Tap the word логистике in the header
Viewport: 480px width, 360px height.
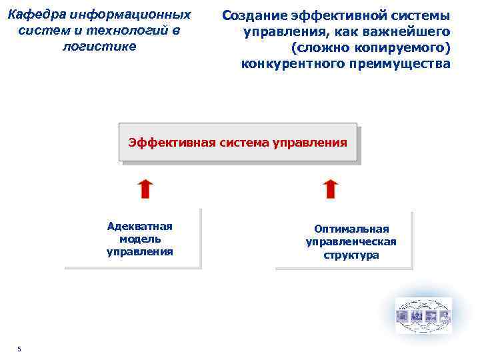tap(99, 45)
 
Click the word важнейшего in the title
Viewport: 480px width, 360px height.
tap(415, 31)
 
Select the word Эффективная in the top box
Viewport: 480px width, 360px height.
tap(164, 143)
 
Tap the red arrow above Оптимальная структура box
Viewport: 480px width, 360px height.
tap(330, 189)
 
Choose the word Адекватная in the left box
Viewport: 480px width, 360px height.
tap(139, 226)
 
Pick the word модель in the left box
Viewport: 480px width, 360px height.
tap(139, 239)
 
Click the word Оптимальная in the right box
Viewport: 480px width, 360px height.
tap(351, 229)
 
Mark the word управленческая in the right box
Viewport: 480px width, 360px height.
tap(351, 242)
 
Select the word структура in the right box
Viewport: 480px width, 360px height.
tap(351, 255)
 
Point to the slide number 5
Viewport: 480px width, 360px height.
tap(19, 349)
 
